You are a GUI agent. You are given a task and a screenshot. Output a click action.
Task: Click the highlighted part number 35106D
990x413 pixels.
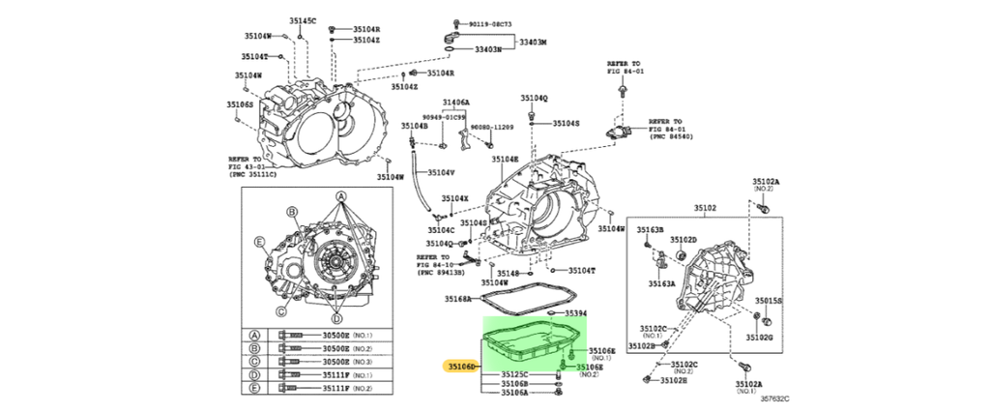point(460,367)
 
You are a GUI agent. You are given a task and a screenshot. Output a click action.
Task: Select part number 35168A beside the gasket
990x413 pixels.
point(459,300)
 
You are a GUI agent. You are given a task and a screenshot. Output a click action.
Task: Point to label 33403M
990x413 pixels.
point(531,44)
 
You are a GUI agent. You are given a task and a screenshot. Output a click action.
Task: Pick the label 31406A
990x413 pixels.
point(456,102)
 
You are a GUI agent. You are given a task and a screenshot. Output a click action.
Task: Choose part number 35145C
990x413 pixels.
point(303,20)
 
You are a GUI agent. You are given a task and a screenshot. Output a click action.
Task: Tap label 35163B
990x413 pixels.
point(650,229)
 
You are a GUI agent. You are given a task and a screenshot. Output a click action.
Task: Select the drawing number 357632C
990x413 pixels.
point(774,398)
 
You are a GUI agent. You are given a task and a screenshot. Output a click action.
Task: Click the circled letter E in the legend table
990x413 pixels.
point(256,388)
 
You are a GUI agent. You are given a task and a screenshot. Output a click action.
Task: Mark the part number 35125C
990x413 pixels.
point(514,374)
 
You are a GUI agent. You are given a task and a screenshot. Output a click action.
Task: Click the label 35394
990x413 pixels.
point(576,314)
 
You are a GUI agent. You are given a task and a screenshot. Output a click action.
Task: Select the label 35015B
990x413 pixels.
point(769,301)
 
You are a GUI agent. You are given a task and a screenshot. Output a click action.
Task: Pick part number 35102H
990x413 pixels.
point(675,380)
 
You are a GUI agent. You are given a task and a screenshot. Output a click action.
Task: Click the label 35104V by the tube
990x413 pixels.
point(441,173)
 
